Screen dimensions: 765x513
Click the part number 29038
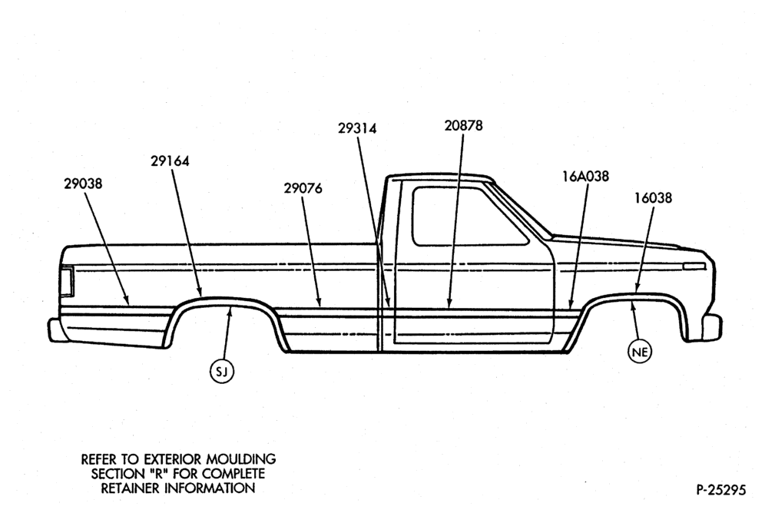click(83, 184)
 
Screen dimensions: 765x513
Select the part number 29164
click(170, 161)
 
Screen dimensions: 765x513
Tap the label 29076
click(303, 188)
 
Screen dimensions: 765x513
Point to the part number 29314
click(358, 128)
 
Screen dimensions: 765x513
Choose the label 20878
click(463, 125)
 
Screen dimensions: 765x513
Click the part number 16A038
click(585, 176)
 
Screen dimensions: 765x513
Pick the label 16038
click(654, 198)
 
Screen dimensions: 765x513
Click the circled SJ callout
click(222, 372)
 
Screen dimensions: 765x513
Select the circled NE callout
click(640, 352)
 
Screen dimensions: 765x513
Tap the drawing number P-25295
click(721, 490)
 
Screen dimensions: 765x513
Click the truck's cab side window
click(469, 216)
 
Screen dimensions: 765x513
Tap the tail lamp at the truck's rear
click(66, 282)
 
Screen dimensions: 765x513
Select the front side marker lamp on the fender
click(694, 266)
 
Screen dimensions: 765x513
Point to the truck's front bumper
click(712, 326)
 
